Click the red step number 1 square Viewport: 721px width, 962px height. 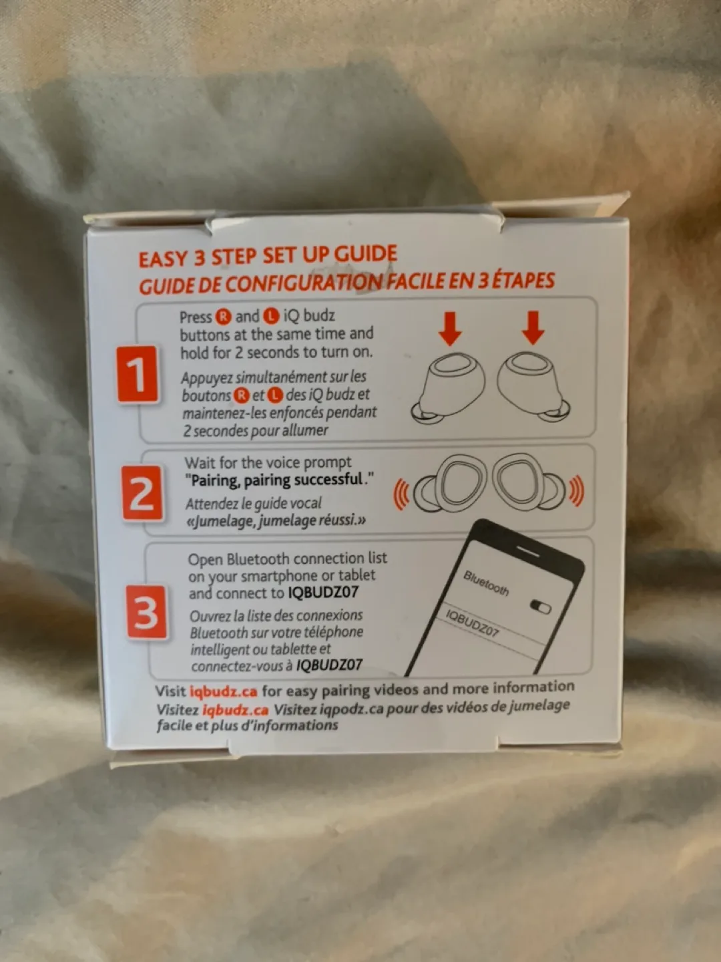(x=138, y=374)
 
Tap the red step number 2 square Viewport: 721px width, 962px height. (x=142, y=494)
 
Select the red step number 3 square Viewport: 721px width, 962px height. (x=147, y=612)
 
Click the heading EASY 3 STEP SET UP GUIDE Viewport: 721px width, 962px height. (x=267, y=257)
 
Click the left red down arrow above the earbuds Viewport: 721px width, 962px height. (x=451, y=328)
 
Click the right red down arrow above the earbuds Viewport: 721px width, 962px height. (x=533, y=327)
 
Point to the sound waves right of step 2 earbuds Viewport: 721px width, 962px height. (x=575, y=492)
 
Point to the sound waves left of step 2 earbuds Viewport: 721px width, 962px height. (x=401, y=494)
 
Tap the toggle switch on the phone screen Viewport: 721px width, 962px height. (x=540, y=607)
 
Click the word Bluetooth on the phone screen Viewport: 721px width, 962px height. (x=486, y=583)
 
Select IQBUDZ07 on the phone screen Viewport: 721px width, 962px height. (x=472, y=623)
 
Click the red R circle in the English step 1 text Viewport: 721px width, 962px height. (x=223, y=317)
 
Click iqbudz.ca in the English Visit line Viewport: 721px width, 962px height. (x=223, y=691)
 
